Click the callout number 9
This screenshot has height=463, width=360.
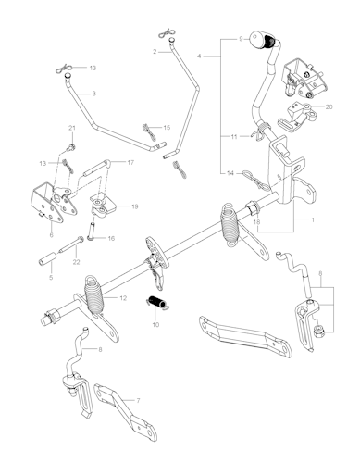(x=241, y=40)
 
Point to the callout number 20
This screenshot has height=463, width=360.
(x=329, y=107)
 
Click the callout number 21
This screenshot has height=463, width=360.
(x=72, y=127)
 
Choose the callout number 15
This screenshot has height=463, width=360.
(x=167, y=127)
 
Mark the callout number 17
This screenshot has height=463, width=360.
(x=130, y=162)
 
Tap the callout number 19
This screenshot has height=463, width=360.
(x=135, y=206)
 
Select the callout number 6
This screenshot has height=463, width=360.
(x=49, y=235)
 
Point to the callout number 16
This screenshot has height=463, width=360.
(x=111, y=238)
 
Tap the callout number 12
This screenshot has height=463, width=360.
(x=123, y=298)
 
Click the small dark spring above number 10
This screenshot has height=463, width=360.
(x=155, y=301)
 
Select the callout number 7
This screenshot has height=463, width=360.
(x=139, y=400)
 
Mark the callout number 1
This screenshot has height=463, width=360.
(x=313, y=220)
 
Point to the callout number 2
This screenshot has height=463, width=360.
(x=155, y=52)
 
